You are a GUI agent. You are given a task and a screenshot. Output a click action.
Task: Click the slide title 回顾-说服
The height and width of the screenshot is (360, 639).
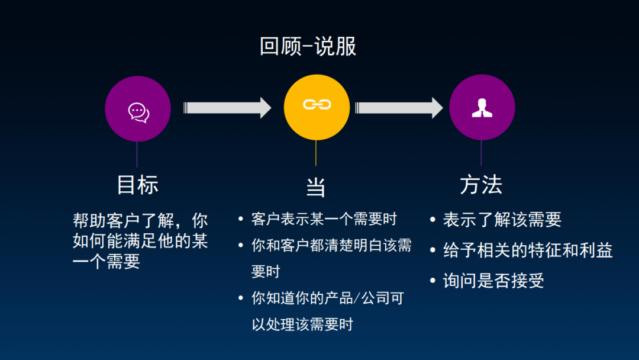tap(308, 47)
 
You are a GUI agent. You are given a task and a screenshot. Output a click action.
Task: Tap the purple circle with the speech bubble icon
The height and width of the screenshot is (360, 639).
tap(138, 109)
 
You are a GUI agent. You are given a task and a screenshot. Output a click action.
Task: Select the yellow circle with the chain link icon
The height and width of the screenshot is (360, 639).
tap(317, 107)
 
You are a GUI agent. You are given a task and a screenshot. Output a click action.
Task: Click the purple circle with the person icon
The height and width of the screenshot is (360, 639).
tap(482, 108)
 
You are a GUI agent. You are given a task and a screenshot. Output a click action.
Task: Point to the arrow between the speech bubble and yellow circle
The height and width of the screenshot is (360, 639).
tap(227, 107)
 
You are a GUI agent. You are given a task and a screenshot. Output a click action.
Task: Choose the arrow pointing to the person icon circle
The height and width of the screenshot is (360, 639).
tap(399, 107)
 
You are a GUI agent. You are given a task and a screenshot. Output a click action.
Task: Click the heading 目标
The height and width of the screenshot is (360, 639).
tap(138, 185)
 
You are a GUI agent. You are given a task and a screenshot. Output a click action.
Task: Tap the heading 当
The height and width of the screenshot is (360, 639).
tap(316, 187)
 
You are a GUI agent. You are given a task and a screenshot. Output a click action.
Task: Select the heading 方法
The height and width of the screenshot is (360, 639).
tap(481, 185)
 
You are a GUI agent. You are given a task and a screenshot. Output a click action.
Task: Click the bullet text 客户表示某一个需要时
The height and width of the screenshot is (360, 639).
tap(324, 219)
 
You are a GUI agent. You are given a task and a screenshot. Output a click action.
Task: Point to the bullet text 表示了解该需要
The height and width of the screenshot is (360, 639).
tap(502, 220)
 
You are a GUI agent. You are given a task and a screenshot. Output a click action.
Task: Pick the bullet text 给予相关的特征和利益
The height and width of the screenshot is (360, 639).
tap(528, 250)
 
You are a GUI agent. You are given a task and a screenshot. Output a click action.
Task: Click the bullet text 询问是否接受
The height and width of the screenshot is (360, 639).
tap(493, 281)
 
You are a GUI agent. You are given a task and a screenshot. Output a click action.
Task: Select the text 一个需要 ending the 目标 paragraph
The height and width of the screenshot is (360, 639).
tap(106, 262)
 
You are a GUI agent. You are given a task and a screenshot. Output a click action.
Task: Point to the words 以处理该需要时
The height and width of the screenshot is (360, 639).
tap(302, 324)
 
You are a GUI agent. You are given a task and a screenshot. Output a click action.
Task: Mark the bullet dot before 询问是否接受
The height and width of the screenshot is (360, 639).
tap(434, 281)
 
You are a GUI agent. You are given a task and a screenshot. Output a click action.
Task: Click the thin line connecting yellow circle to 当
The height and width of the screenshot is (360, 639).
tap(316, 153)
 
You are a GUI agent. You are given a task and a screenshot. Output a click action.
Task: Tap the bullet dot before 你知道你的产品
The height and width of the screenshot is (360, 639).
tap(241, 298)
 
